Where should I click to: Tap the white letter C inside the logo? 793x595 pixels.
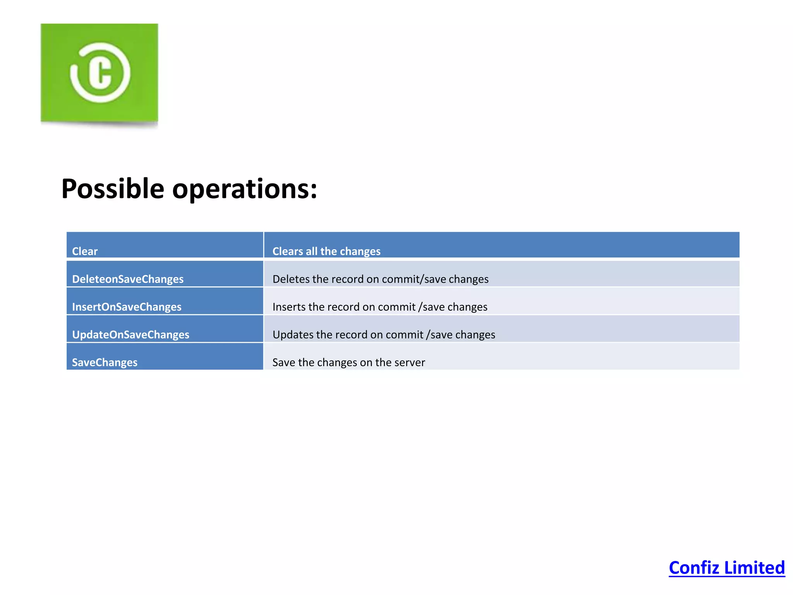click(100, 73)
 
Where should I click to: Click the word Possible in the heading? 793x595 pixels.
click(113, 189)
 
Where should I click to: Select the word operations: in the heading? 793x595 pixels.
click(244, 189)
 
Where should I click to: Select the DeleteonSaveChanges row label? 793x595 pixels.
click(127, 279)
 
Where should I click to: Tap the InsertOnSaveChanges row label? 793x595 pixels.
click(127, 307)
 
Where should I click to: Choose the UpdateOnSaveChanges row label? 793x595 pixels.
click(130, 335)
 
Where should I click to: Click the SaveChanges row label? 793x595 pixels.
click(105, 363)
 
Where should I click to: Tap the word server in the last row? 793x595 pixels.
click(410, 363)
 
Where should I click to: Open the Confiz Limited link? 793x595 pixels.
click(726, 568)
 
